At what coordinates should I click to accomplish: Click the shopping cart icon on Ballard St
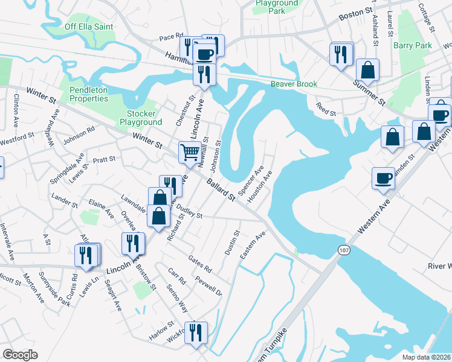pyautogui.click(x=190, y=151)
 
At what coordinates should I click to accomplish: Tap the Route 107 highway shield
pyautogui.click(x=343, y=250)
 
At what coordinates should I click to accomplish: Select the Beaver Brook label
pyautogui.click(x=294, y=84)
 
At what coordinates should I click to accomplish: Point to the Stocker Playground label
pyautogui.click(x=141, y=118)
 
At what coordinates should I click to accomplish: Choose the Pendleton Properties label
pyautogui.click(x=88, y=94)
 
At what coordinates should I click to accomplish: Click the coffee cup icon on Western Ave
pyautogui.click(x=383, y=178)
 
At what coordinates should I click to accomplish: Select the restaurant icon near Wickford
pyautogui.click(x=196, y=332)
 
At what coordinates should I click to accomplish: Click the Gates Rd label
pyautogui.click(x=200, y=263)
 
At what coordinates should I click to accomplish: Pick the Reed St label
pyautogui.click(x=326, y=109)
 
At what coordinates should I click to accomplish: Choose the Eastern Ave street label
pyautogui.click(x=252, y=246)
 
